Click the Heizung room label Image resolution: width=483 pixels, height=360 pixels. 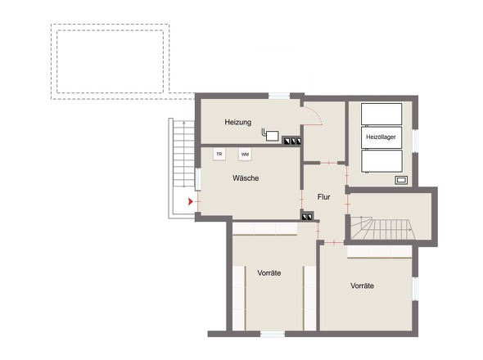click(x=237, y=122)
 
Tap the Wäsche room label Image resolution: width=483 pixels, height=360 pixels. click(x=246, y=178)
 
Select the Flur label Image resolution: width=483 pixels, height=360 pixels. click(x=323, y=197)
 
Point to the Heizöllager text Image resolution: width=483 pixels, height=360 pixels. click(x=381, y=137)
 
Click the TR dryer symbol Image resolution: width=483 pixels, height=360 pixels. click(x=219, y=154)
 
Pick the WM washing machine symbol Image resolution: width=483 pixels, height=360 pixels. click(x=245, y=155)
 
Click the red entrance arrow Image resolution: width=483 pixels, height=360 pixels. click(x=191, y=202)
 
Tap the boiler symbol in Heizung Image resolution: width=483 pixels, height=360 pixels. click(x=270, y=135)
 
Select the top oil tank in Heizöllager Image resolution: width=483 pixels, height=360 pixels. click(x=381, y=114)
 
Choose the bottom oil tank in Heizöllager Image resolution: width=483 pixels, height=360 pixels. click(x=381, y=160)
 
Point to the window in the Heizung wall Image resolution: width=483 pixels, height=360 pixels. click(x=279, y=96)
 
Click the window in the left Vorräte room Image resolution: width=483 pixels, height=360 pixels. click(x=273, y=334)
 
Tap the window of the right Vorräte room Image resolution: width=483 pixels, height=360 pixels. click(x=415, y=289)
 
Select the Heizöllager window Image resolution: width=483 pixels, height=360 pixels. click(x=415, y=141)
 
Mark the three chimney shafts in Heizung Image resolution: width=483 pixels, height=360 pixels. click(x=292, y=141)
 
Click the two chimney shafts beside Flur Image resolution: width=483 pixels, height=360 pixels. click(x=308, y=217)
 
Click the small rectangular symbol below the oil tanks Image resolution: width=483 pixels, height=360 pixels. click(x=401, y=180)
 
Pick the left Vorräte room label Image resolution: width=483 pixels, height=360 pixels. click(x=269, y=272)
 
